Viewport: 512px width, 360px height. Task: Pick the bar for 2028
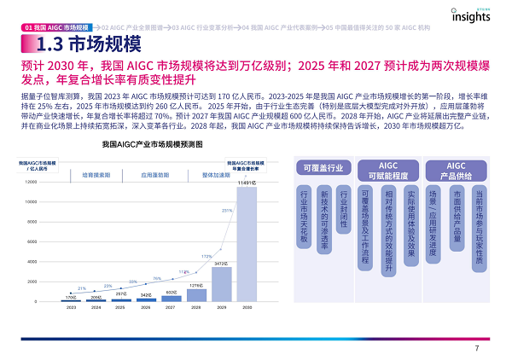click(196, 295)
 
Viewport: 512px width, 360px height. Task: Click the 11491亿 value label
click(247, 183)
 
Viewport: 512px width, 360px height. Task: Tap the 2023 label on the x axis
click(72, 309)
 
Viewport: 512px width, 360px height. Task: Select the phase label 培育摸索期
click(96, 173)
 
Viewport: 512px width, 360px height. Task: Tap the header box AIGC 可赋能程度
click(389, 168)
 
